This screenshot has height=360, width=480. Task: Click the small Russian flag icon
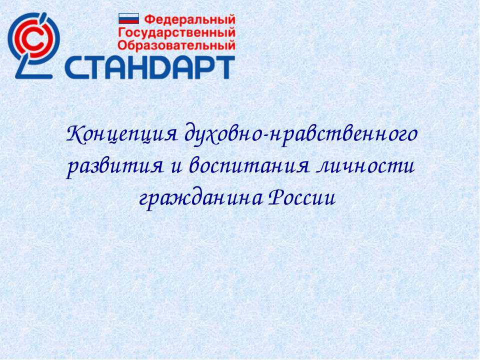(x=128, y=19)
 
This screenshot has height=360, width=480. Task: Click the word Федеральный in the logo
(x=189, y=20)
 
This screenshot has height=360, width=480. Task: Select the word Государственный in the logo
(x=176, y=33)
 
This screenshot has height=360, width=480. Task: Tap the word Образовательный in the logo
(x=176, y=45)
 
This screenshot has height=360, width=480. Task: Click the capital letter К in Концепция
(x=73, y=134)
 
